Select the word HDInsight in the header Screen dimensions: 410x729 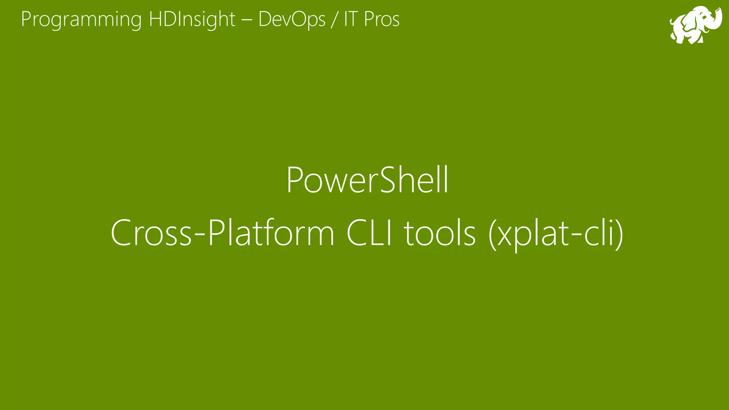192,19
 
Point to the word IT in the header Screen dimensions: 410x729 351,19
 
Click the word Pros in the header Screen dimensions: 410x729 382,19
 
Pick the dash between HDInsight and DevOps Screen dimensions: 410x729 247,20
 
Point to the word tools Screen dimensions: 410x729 440,233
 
